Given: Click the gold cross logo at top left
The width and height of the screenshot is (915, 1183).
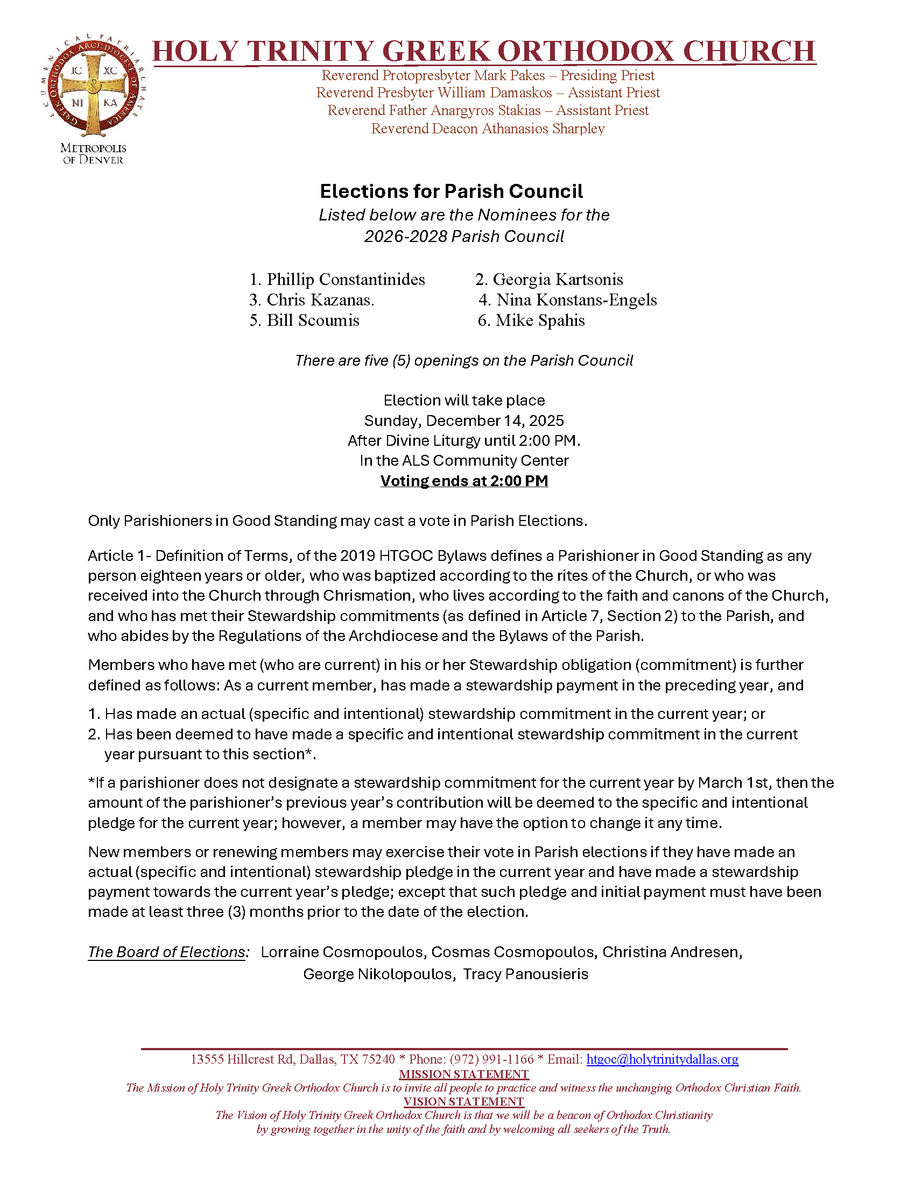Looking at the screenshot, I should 93,88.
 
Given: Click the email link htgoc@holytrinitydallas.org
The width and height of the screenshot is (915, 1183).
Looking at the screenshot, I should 662,1059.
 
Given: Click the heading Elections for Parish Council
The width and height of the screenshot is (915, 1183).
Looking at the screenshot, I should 451,191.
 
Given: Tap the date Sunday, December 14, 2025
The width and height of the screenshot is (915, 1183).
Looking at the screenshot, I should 464,421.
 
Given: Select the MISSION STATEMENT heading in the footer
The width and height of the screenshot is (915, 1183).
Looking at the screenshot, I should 464,1074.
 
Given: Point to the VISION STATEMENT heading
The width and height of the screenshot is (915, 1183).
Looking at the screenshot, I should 464,1102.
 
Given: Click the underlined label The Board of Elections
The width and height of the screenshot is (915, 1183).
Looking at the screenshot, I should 166,952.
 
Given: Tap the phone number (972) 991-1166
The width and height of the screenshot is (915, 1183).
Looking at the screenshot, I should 491,1059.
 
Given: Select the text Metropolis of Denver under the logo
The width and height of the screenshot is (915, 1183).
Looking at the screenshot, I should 93,154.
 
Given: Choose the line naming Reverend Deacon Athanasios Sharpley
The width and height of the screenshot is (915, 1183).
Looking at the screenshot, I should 488,129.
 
